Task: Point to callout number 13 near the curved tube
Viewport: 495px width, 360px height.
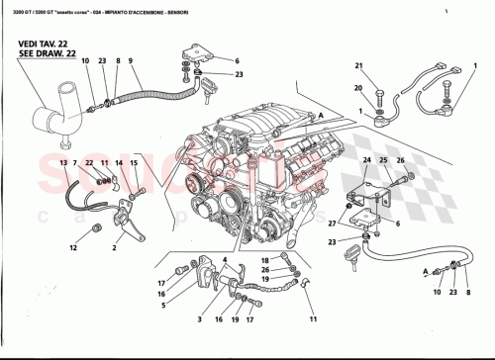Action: (x=62, y=161)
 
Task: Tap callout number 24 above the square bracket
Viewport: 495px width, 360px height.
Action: (x=365, y=159)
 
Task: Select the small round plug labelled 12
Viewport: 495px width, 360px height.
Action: (x=96, y=229)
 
